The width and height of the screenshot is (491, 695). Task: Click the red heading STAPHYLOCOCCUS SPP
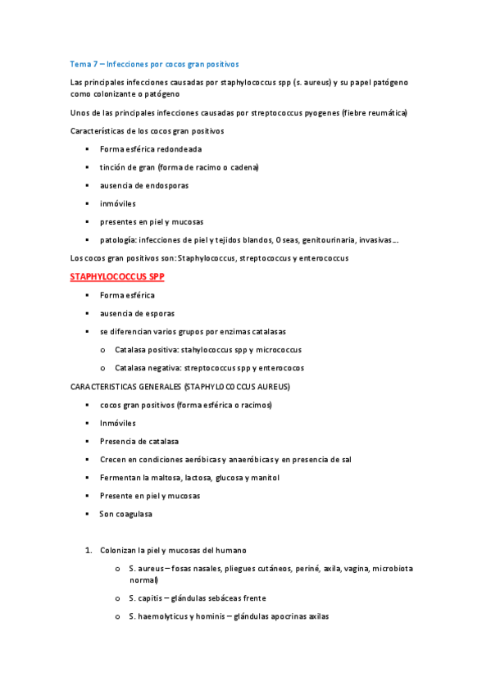(x=118, y=277)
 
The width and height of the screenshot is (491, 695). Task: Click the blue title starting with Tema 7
(x=154, y=63)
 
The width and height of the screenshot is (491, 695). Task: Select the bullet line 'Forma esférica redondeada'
(x=151, y=149)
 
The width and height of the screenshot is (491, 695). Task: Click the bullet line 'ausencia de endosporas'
(x=144, y=185)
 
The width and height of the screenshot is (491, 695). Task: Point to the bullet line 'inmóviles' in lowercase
(x=118, y=203)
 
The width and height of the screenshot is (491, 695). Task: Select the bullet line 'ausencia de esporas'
(x=137, y=313)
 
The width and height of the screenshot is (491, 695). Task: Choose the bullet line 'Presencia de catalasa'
(x=139, y=441)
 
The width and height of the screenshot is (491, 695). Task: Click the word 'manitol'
(x=266, y=477)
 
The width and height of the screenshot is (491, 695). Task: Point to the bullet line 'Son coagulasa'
(x=126, y=514)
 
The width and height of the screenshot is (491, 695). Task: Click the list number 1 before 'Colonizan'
(x=89, y=550)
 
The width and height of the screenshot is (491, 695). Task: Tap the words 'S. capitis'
(x=146, y=598)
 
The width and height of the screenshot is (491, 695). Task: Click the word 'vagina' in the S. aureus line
(x=361, y=568)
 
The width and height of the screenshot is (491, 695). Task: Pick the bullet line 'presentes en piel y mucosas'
(x=152, y=221)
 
